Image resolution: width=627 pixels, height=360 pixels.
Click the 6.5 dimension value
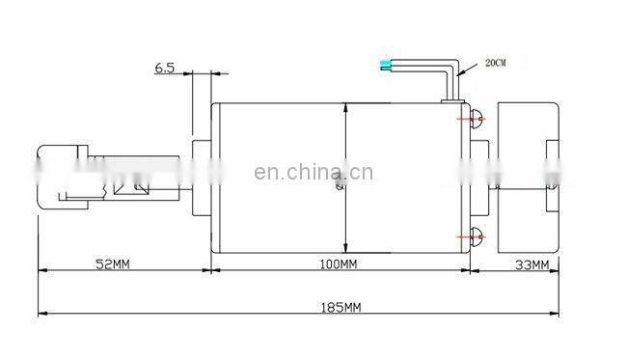165,69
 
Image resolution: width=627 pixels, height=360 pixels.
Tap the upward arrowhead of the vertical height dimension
346,110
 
